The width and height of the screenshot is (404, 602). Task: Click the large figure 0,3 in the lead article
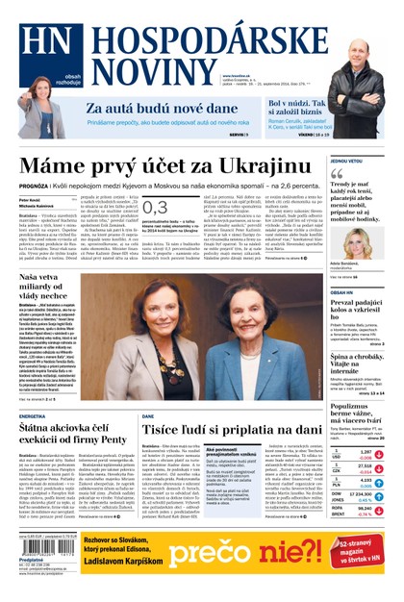click(155, 208)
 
